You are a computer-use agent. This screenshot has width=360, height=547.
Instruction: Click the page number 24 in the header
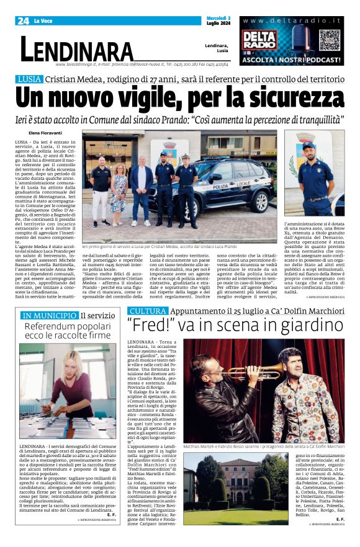pyautogui.click(x=24, y=21)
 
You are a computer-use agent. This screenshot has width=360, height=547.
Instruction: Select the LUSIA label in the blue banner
pyautogui.click(x=30, y=79)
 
